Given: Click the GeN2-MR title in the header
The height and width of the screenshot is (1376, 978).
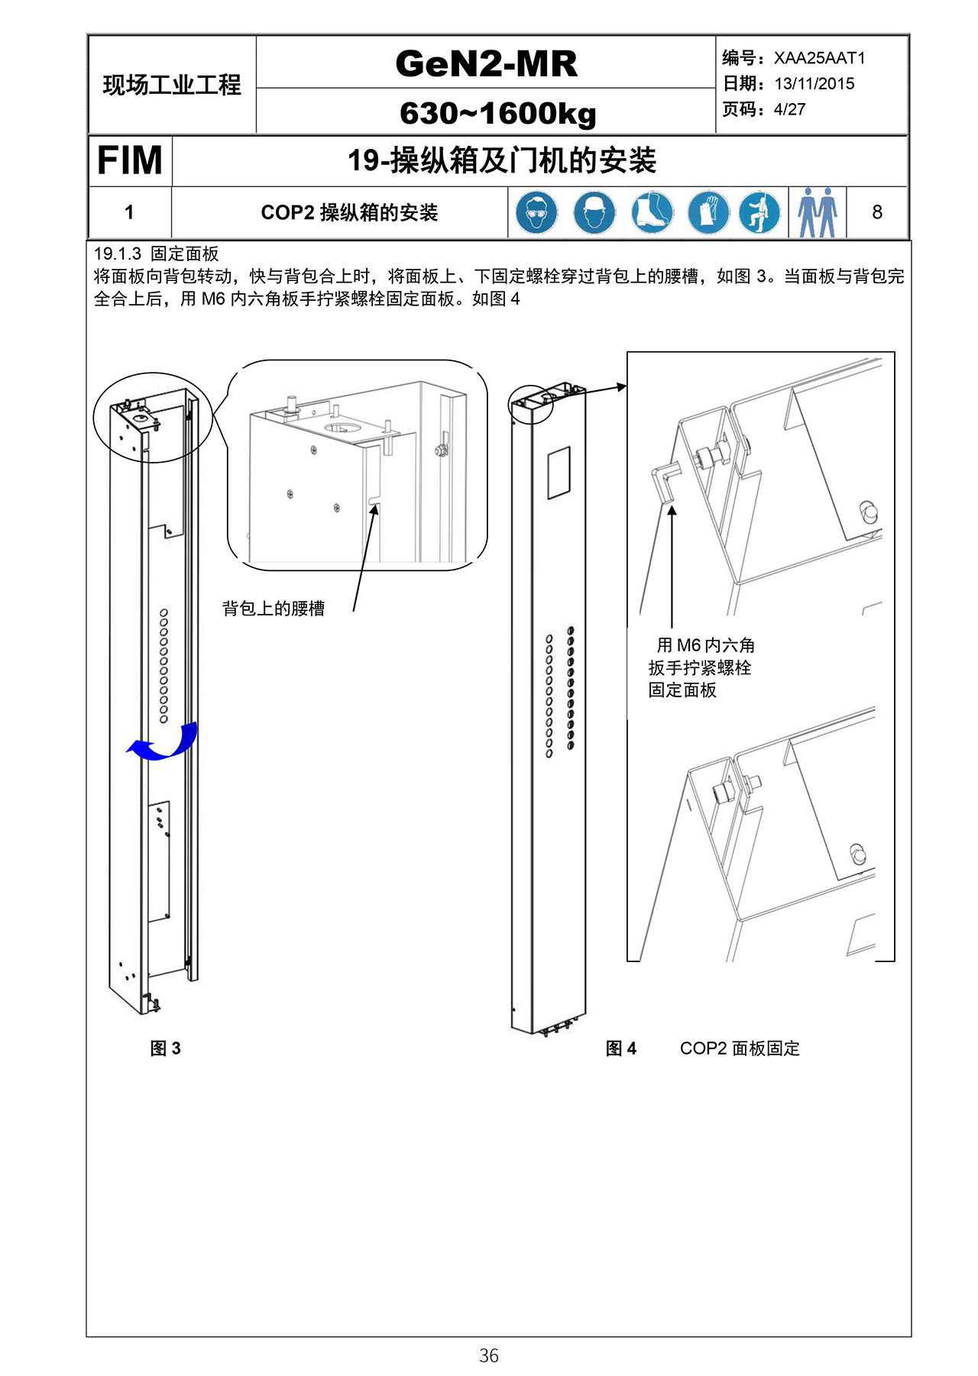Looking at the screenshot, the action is pos(486,63).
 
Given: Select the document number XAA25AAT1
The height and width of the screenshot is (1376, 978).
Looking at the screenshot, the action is pos(819,58).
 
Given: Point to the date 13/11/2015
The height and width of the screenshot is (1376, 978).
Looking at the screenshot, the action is pos(814,84).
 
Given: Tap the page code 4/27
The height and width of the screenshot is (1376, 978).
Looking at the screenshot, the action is pos(789,109).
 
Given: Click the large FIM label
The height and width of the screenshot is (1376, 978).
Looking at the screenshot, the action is pos(129,160).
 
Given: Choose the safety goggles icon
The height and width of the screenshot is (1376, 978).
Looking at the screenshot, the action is pos(536,212).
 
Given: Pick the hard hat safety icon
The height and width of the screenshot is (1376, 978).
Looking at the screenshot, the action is pos(594,212).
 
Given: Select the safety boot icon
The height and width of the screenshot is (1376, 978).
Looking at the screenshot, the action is pos(651,212).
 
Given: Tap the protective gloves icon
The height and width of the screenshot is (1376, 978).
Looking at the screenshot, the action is pos(708,212).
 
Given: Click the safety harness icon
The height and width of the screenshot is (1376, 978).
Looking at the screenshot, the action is pos(759,212).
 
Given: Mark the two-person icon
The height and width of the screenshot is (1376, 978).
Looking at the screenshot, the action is pos(817,212).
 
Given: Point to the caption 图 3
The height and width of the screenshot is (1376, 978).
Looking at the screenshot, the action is pos(165,1048).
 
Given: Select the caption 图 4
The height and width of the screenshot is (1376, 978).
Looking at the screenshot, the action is pos(620,1048).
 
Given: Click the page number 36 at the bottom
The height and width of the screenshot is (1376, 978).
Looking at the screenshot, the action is pos(489,1355).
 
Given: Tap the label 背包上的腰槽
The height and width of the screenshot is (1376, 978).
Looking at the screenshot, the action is pos(274,609).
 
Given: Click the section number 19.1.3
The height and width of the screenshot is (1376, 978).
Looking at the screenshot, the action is pos(118,254).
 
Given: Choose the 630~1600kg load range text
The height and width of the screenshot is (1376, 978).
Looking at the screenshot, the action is pos(497,113).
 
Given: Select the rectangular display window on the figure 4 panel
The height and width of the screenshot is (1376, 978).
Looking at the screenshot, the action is pos(559,473).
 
